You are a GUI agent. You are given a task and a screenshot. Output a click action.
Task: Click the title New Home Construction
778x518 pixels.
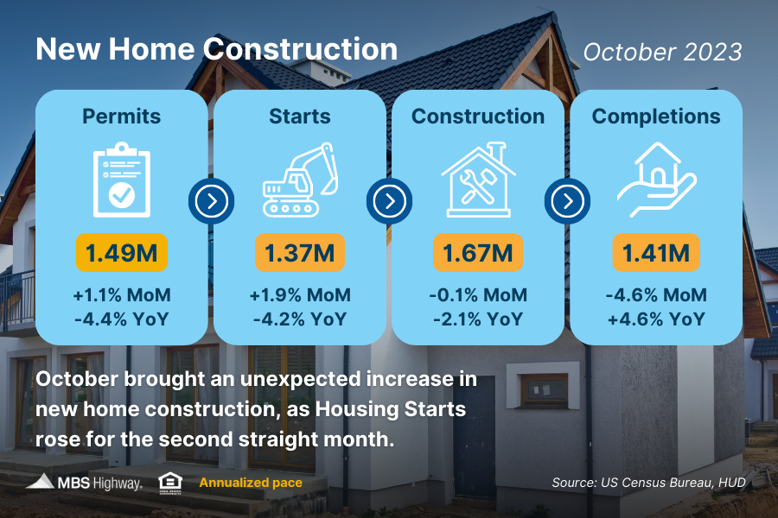point(216,49)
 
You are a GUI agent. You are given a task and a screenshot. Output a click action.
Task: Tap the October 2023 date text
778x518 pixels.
point(662,52)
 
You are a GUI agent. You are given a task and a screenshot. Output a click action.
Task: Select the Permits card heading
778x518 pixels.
point(122,116)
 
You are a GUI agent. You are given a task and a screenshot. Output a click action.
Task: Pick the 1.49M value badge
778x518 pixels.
point(122,253)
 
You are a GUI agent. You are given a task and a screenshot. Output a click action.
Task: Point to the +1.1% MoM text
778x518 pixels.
point(122,295)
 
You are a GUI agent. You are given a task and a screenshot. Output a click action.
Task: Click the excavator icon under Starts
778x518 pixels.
point(300,180)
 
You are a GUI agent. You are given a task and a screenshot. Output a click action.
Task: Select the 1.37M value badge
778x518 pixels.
point(300,253)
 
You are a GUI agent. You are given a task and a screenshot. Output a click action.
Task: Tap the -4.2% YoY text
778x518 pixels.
point(300,319)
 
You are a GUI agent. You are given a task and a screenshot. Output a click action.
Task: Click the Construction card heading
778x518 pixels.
point(478,116)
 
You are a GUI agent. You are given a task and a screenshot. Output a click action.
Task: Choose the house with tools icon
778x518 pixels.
point(478,180)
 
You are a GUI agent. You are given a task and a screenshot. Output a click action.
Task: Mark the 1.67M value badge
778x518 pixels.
point(478,253)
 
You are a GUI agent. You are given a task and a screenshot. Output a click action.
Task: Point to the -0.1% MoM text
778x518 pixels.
point(478,295)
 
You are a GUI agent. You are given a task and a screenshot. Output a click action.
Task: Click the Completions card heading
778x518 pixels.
point(656,116)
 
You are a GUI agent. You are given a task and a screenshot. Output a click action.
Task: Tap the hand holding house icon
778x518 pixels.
point(656,180)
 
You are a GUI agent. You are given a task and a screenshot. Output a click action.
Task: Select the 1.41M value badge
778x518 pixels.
point(656,253)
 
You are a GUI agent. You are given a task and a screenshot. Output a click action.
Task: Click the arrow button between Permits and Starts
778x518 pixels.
point(211,202)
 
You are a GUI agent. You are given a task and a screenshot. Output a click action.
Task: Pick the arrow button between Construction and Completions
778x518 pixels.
point(567,202)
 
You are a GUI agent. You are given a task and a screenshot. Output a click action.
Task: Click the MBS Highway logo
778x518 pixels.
point(84,482)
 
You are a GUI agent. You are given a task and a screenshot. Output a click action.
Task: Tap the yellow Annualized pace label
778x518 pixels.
point(251,483)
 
